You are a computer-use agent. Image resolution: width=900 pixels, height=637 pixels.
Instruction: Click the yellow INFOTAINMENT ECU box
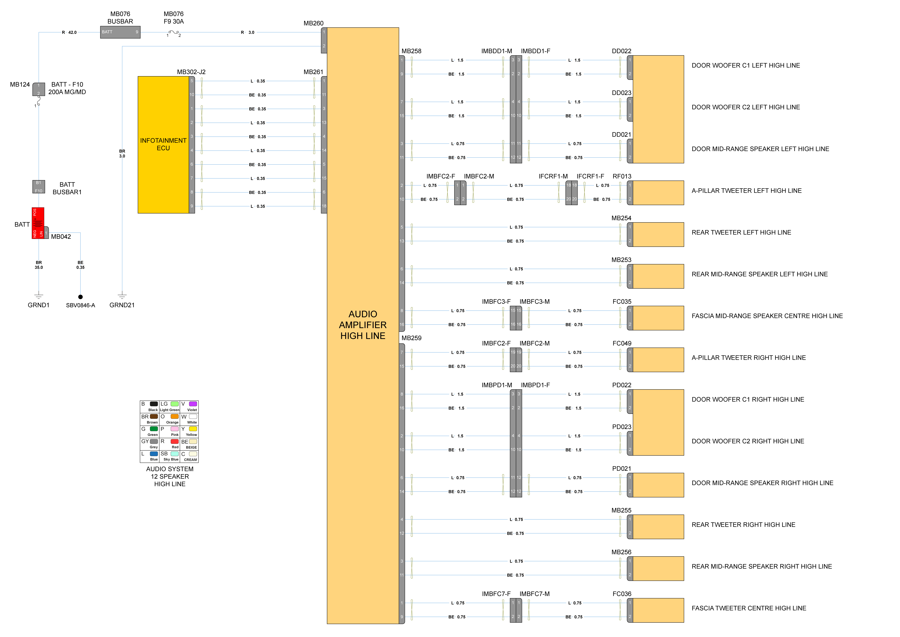(x=163, y=144)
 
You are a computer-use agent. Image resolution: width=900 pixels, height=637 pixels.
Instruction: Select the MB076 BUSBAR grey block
(x=120, y=32)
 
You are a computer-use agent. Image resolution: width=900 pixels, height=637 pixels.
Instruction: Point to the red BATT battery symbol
(x=38, y=223)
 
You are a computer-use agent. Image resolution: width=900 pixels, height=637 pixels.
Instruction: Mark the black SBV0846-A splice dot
(x=80, y=297)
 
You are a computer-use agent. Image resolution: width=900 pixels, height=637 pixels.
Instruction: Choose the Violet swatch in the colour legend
(x=193, y=404)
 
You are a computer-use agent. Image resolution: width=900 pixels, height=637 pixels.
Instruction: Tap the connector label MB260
(x=313, y=23)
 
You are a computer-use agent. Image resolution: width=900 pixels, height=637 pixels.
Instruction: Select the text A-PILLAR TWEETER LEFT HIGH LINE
(x=746, y=191)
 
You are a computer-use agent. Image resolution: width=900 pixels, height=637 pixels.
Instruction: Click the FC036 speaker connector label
(x=622, y=594)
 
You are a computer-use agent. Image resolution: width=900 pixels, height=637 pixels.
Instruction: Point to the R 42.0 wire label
(x=69, y=33)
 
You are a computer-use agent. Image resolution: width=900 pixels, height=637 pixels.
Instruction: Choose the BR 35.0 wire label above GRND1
(x=38, y=265)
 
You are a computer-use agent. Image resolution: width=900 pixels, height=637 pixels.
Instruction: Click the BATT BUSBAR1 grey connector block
(x=38, y=187)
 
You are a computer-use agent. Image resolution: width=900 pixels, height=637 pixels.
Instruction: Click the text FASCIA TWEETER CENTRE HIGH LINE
(x=749, y=608)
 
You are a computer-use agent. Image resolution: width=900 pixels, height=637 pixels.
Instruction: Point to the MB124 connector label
(x=20, y=84)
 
